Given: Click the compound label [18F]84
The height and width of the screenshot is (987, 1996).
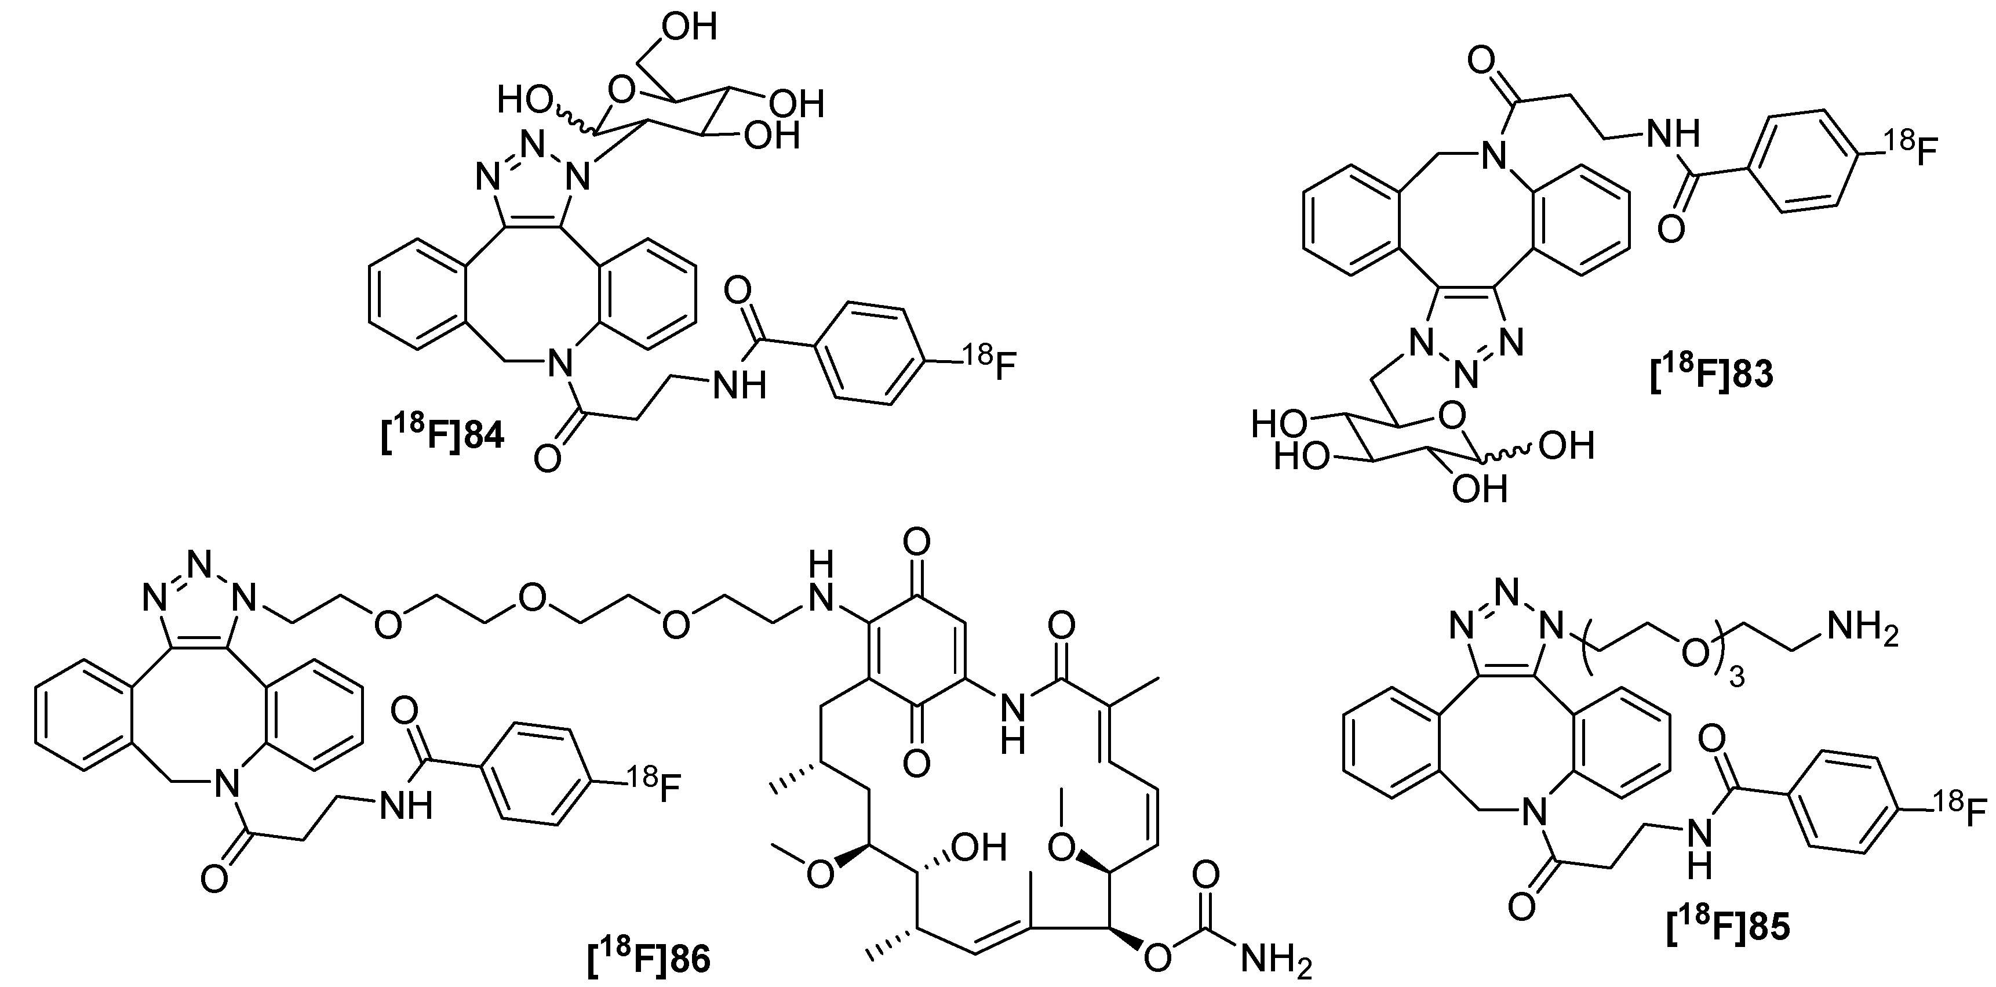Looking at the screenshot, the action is pyautogui.click(x=442, y=438).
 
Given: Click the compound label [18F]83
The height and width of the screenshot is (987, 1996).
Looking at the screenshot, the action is pyautogui.click(x=1711, y=375).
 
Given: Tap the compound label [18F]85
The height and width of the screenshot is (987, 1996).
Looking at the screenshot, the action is pyautogui.click(x=1728, y=928).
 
